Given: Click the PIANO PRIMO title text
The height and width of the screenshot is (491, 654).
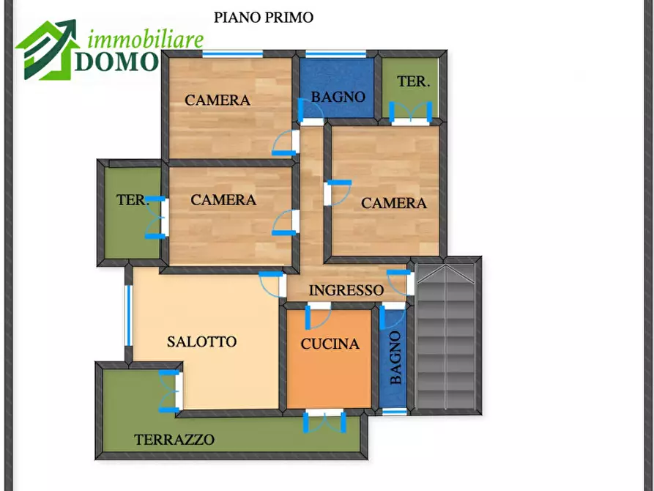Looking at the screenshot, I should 264,18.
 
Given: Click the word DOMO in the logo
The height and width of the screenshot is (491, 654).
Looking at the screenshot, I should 116,62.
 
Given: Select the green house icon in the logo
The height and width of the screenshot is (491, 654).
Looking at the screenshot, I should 45,50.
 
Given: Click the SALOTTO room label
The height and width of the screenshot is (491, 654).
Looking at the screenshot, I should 201,342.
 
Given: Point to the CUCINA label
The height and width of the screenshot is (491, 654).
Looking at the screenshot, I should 330,344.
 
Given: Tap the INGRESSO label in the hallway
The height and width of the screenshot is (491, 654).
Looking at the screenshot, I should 346,290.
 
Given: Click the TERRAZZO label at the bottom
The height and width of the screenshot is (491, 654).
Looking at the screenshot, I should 174,440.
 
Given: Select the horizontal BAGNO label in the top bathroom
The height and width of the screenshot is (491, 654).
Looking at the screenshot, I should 338,97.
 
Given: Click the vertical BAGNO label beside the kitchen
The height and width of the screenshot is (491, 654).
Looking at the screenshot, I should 395,358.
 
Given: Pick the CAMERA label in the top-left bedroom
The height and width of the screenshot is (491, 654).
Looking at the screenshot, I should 218,100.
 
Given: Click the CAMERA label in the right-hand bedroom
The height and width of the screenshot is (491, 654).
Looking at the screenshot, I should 393,203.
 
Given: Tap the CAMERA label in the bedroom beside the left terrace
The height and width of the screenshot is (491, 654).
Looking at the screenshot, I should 223,199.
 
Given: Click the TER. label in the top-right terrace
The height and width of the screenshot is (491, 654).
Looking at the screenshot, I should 413,82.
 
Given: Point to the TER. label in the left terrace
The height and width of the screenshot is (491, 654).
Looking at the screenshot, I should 132,199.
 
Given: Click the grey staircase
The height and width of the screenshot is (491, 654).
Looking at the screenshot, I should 446,337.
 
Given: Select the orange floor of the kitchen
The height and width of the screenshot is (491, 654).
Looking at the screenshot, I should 330,377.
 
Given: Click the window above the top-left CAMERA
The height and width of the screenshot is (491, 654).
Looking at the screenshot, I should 233,53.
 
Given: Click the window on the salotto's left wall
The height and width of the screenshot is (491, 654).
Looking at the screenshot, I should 128,315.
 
